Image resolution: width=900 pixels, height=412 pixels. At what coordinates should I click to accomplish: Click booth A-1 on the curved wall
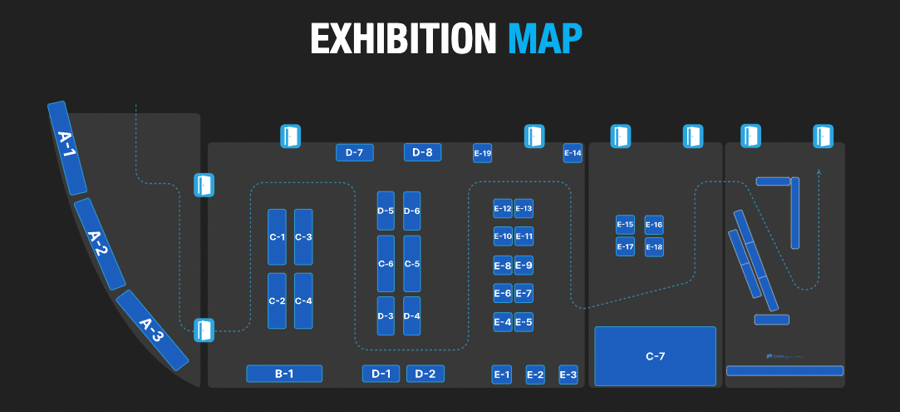67,147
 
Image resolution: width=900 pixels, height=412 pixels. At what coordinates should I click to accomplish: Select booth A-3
152,330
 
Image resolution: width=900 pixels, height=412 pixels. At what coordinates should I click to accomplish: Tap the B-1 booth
284,374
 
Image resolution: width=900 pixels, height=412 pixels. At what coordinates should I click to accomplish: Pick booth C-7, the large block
655,356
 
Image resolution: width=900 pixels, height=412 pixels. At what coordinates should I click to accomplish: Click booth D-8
422,152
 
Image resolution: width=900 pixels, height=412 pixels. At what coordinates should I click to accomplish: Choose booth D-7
354,152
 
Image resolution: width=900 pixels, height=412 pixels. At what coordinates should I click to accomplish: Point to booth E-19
482,153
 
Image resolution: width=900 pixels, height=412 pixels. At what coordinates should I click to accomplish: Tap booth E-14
573,153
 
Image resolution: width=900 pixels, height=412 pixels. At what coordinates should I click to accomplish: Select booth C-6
386,264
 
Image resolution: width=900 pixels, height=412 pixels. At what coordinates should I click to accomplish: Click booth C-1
277,237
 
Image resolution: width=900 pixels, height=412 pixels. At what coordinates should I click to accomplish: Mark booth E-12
502,208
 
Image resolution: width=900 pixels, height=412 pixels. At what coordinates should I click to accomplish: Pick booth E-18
654,247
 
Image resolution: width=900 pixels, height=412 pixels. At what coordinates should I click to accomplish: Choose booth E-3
568,375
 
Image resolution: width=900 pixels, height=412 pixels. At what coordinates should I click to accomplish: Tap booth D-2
425,374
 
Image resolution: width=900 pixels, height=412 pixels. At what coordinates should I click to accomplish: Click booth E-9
524,266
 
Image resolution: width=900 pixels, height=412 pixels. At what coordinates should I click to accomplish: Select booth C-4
303,300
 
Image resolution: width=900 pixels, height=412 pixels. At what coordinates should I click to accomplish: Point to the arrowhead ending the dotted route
819,172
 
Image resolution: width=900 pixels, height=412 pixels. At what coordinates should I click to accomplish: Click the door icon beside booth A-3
204,330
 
